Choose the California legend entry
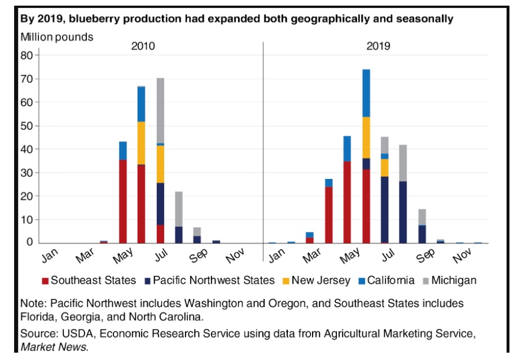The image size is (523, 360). click(x=386, y=280)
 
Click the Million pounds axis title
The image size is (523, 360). click(x=57, y=37)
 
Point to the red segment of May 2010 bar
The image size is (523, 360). click(x=123, y=201)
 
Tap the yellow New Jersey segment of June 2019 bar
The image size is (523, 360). click(x=366, y=137)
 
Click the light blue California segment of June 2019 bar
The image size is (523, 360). click(x=366, y=93)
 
